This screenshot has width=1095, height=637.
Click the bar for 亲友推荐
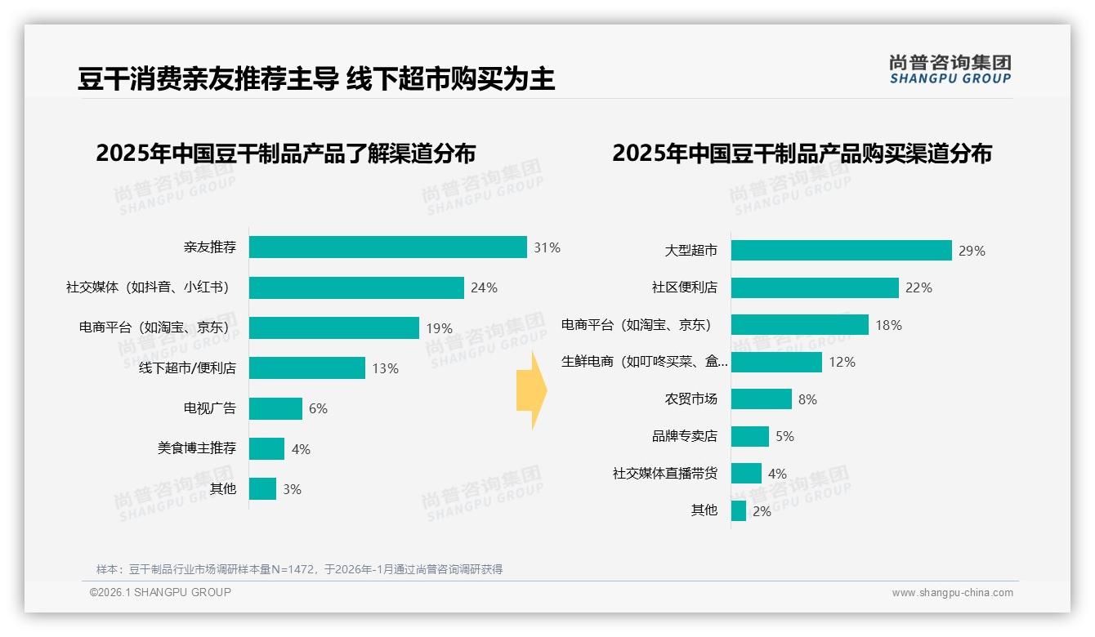387,247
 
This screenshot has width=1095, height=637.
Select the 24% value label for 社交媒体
484,287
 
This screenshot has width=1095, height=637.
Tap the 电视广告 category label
209,408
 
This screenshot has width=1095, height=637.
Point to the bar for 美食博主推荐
266,448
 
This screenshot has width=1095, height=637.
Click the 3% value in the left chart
292,489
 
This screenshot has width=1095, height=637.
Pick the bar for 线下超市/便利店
306,368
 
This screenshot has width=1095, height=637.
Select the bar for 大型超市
841,251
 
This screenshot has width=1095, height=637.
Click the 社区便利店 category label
684,287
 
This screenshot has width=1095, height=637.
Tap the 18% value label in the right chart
888,325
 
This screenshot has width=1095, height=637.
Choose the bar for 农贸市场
761,399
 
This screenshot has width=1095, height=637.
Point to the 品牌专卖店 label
684,436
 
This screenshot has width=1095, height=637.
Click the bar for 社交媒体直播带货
746,474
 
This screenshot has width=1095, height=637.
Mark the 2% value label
762,511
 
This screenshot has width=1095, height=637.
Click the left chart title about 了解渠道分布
285,154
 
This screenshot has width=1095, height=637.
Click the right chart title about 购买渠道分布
802,154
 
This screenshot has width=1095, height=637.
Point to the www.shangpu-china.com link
952,593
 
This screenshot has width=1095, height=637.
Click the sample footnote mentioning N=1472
299,569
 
